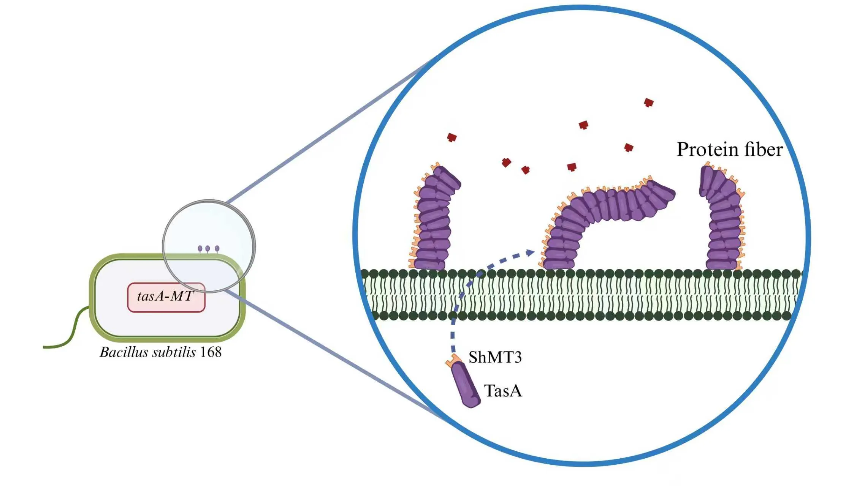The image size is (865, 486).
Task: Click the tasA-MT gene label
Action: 166,297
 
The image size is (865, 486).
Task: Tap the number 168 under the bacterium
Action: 211,352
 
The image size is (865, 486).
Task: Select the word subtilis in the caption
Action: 174,352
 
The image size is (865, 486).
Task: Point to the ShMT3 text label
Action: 495,357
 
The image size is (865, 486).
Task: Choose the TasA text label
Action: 502,391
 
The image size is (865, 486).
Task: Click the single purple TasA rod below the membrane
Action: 466,385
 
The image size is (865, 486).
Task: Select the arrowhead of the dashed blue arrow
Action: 531,252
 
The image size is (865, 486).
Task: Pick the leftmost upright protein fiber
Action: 433,220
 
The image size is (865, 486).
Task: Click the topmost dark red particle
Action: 649,103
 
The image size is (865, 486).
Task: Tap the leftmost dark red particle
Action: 452,137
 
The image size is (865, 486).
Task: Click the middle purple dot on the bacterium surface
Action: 208,249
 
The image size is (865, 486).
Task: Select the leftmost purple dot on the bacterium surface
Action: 200,249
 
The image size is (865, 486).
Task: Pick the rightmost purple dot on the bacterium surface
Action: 217,249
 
